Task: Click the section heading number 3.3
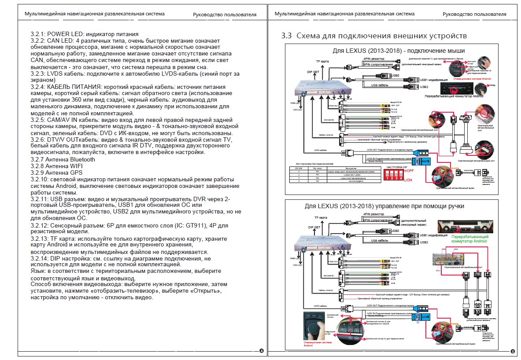pos(286,36)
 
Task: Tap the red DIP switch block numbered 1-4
pos(393,175)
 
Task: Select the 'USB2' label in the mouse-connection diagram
pos(424,87)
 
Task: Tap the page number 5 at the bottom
pos(512,351)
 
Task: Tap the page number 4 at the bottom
pos(262,351)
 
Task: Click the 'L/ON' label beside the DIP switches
pos(408,180)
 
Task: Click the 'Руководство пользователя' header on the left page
pos(225,15)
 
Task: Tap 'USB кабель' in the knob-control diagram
pos(380,240)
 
